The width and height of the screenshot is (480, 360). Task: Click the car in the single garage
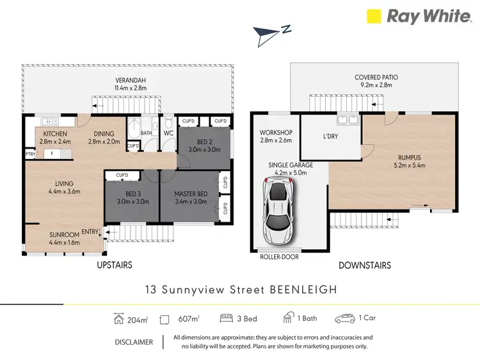pos(278,211)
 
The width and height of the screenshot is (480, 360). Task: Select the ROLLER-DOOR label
pos(279,257)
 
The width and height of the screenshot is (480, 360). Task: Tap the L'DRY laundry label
pos(331,136)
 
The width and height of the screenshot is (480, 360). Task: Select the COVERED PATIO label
pos(376,78)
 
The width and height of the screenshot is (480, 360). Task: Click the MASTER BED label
pos(190,194)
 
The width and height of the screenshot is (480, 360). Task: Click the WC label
pos(169,133)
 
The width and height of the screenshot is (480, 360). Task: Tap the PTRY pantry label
pos(30,154)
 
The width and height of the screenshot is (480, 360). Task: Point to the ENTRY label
pos(90,232)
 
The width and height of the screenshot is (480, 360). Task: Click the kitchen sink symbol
pos(49,121)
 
